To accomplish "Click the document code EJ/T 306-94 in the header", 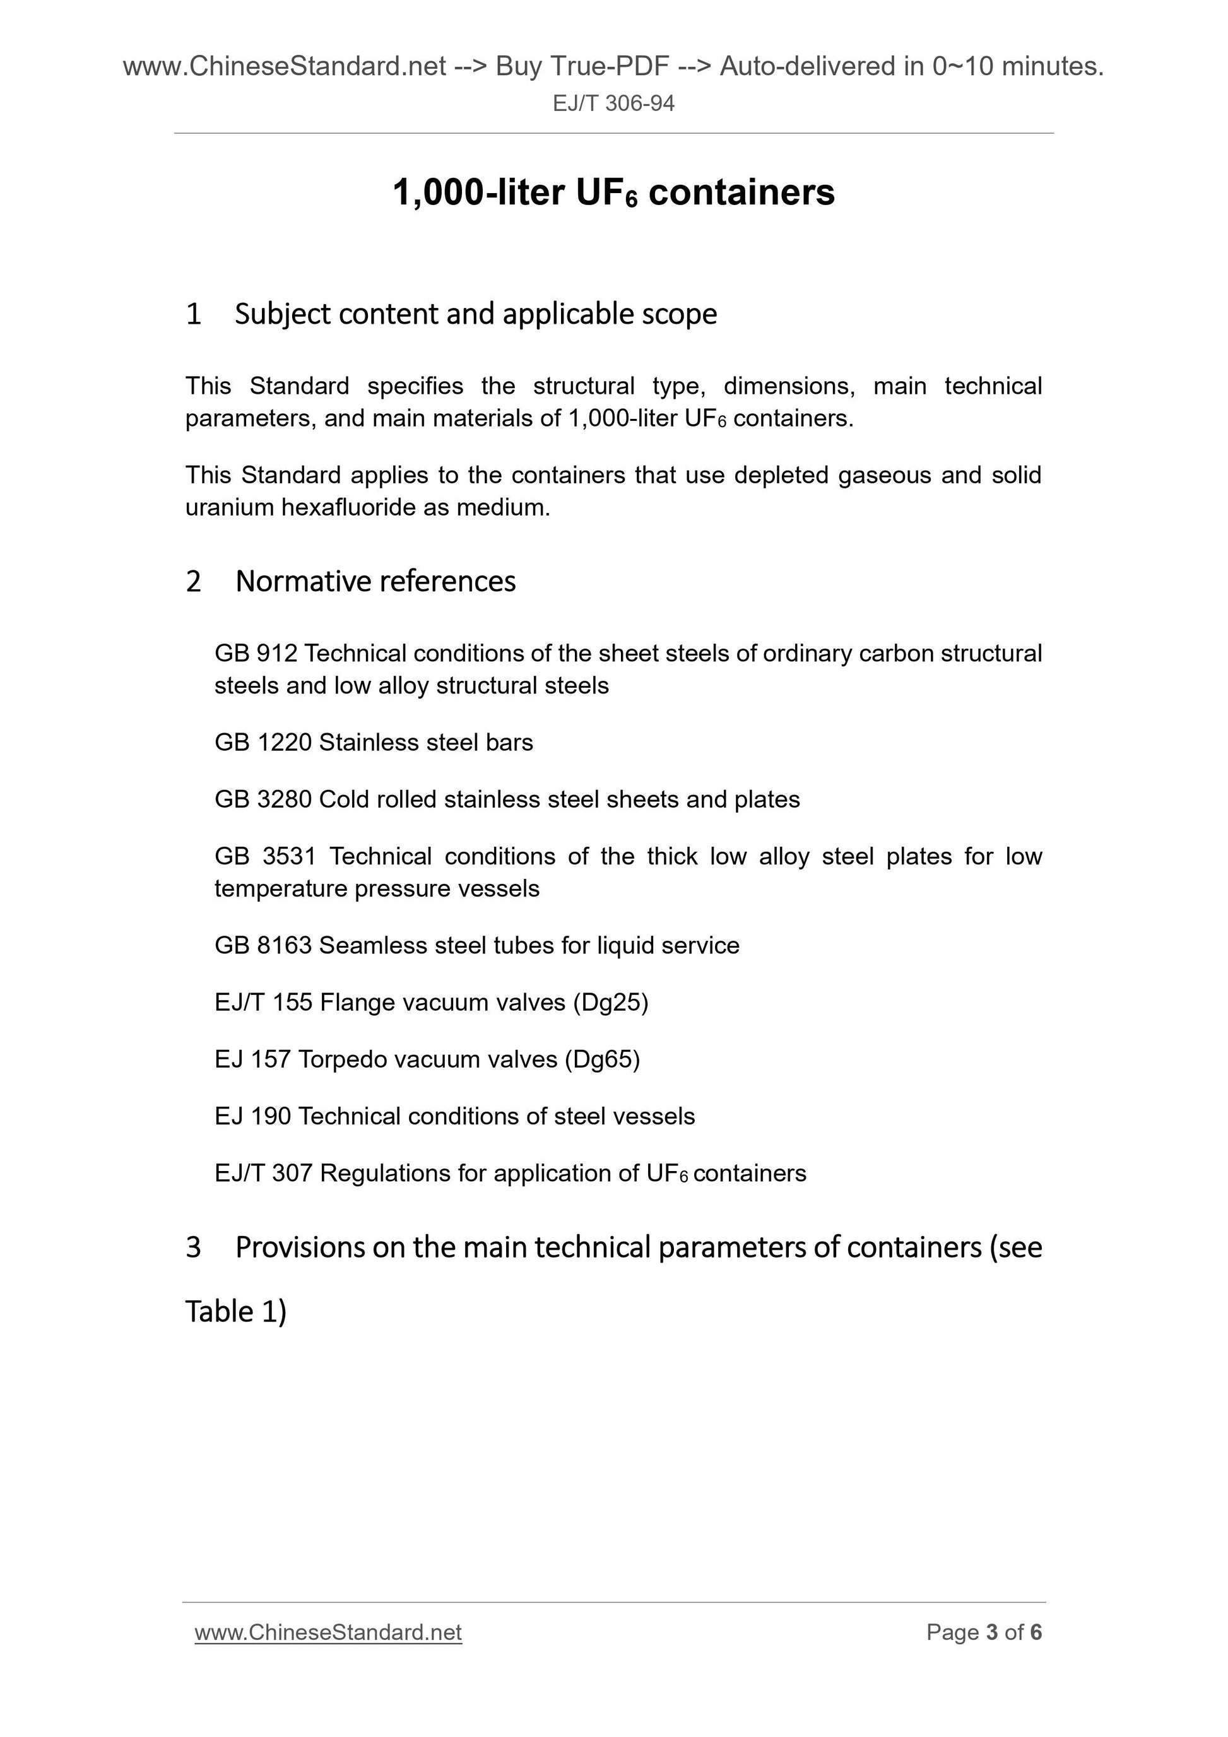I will (613, 103).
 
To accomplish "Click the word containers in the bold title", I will (741, 192).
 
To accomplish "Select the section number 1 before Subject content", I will (194, 314).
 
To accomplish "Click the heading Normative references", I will (375, 581).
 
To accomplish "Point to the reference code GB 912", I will (256, 653).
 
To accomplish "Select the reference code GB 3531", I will (263, 856).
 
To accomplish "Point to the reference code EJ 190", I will (252, 1116).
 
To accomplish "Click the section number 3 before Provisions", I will (194, 1247).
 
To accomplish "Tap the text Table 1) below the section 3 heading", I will (236, 1312).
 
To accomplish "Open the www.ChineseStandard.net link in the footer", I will (328, 1633).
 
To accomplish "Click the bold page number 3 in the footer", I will (992, 1633).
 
